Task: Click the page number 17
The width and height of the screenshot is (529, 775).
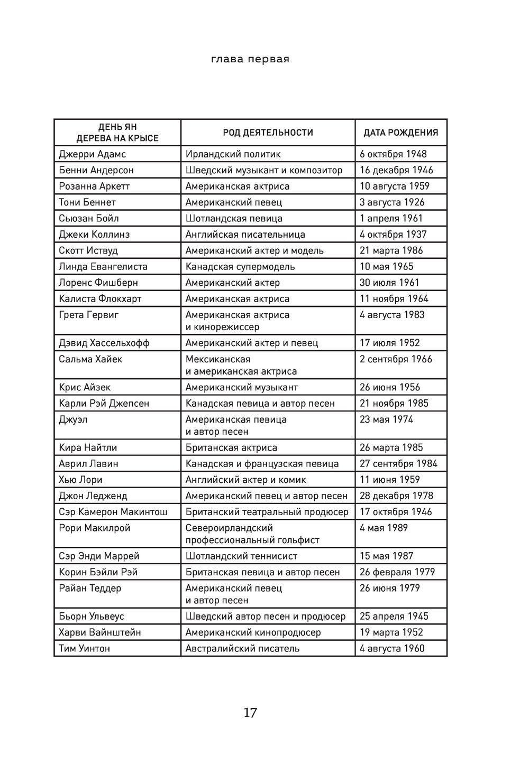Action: pos(250,713)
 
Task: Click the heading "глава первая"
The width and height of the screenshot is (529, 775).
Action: pos(250,59)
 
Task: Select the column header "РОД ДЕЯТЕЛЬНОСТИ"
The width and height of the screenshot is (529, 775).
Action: pos(268,133)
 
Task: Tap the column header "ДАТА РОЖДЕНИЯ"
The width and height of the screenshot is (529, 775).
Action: pos(400,133)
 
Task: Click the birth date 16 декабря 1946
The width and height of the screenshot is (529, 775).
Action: pos(396,170)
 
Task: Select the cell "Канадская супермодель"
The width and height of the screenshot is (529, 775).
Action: pos(240,266)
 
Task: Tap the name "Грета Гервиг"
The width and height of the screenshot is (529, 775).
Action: pos(88,315)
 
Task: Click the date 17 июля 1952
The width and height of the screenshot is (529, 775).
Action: pos(389,343)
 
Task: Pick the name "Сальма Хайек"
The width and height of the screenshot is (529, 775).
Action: pos(90,359)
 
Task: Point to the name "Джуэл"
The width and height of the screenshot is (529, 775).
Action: pos(73,419)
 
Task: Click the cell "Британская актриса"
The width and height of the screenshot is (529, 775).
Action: pos(231,447)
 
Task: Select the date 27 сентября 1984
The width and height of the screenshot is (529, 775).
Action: pos(398,463)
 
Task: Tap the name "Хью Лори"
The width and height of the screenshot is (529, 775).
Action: pos(80,480)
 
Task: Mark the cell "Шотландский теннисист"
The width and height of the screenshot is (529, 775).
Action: pos(241,556)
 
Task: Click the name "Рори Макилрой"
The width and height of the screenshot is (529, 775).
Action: pos(94,528)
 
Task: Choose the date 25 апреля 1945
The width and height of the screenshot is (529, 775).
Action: pos(394,616)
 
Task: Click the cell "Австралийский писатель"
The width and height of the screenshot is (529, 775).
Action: pos(242,648)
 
